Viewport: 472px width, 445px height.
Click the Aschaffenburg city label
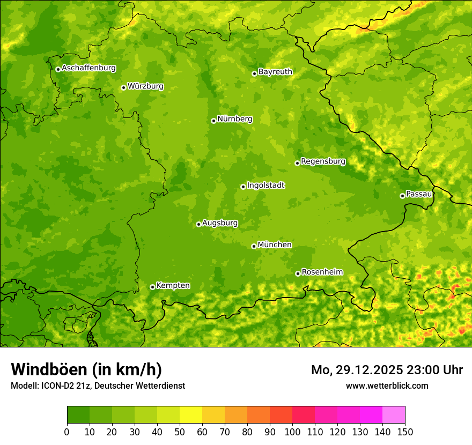pyautogui.click(x=88, y=68)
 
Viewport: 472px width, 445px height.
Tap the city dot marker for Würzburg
pyautogui.click(x=123, y=87)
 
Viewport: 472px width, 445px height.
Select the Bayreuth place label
pyautogui.click(x=275, y=72)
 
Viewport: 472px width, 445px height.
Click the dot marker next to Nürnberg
pyautogui.click(x=213, y=121)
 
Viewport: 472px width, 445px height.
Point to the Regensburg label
pyautogui.click(x=323, y=161)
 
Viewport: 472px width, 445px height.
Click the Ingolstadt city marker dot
pyautogui.click(x=243, y=187)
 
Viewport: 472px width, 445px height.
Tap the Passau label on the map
pyautogui.click(x=419, y=194)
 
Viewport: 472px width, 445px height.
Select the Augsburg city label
pyautogui.click(x=220, y=223)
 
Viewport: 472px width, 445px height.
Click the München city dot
pyautogui.click(x=254, y=246)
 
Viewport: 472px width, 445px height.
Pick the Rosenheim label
pyautogui.click(x=322, y=272)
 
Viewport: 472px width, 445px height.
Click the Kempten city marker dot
pyautogui.click(x=152, y=287)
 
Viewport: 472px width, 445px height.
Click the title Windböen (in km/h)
pyautogui.click(x=86, y=370)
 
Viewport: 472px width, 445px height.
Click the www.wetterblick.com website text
pyautogui.click(x=387, y=385)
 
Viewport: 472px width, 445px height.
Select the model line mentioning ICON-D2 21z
pyautogui.click(x=98, y=385)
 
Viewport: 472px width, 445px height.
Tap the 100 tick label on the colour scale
pyautogui.click(x=292, y=432)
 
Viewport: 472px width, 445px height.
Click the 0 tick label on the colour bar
pyautogui.click(x=67, y=432)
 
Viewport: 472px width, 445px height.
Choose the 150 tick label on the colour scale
pyautogui.click(x=405, y=432)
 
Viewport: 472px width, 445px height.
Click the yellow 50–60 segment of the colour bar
pyautogui.click(x=191, y=415)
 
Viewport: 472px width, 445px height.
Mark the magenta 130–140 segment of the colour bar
pyautogui.click(x=371, y=415)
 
